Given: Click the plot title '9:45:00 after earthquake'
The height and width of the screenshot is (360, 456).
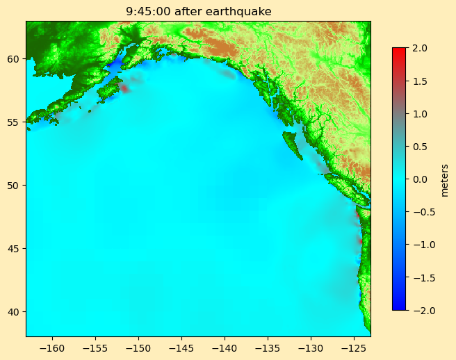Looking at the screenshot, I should (198, 11).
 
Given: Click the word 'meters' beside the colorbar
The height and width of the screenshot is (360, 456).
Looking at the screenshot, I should (445, 180).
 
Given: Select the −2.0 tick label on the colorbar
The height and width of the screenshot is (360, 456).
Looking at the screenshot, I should (419, 310).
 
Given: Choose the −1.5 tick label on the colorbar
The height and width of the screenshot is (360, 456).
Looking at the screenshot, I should (419, 277).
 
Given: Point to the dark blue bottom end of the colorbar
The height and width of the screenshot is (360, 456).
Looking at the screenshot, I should (399, 306).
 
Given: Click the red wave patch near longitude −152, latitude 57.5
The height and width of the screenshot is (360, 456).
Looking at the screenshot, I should (124, 88).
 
